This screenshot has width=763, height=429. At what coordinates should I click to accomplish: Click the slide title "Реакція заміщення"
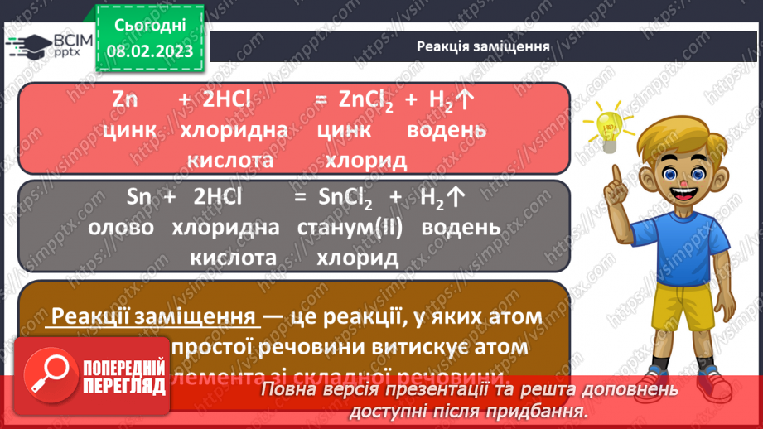pos(484,46)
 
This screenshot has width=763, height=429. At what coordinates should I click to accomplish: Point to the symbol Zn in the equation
pos(124,99)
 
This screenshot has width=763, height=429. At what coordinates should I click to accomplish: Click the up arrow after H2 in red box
pos(465,99)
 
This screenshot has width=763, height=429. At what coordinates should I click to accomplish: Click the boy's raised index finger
pos(614,176)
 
